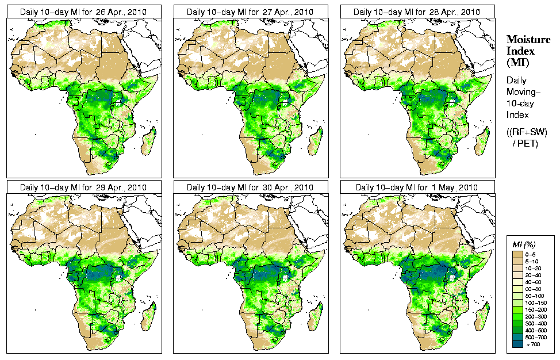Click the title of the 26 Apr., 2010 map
[84, 12]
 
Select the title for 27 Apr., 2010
[251, 12]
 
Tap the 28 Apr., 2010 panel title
[417, 12]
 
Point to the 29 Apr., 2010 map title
[84, 187]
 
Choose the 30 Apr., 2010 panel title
[251, 187]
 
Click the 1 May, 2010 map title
[417, 187]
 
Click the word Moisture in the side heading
[525, 40]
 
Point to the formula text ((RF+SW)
[527, 132]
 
